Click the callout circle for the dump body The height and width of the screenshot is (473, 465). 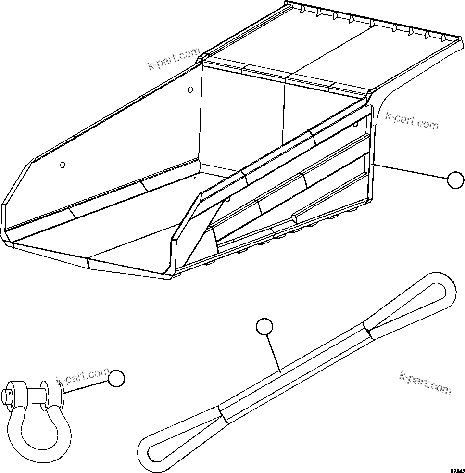click(x=455, y=180)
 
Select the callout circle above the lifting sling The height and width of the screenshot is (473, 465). click(x=264, y=327)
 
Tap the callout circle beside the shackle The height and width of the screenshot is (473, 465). click(x=116, y=379)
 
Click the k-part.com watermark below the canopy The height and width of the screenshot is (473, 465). click(x=412, y=120)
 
